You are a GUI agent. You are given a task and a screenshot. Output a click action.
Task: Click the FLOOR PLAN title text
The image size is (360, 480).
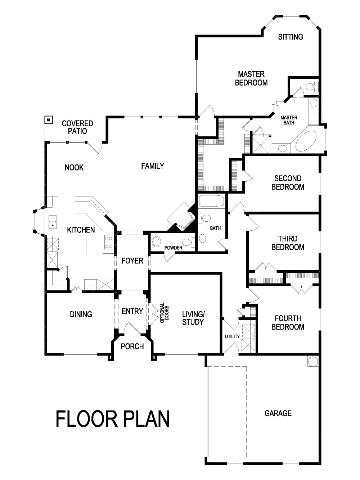coord(113,419)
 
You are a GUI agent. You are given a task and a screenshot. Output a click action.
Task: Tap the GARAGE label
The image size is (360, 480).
coord(278,413)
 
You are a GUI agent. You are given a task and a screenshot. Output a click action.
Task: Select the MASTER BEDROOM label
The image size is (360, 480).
coord(251,78)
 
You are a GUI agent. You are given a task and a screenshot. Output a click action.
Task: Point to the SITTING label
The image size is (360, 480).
coord(291,37)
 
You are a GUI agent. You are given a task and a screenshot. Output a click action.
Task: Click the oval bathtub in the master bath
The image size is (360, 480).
coord(306,141)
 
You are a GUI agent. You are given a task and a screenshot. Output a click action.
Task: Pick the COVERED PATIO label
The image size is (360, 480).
coord(77,127)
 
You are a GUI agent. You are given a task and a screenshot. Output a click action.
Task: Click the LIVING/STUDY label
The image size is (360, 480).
coord(193,318)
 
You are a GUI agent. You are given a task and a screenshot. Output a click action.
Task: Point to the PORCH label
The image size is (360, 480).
coord(132,347)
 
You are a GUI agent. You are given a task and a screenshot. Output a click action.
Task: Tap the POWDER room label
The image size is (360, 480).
coord(173,248)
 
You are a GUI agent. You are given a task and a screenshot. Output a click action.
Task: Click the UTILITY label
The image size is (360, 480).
coord(232,336)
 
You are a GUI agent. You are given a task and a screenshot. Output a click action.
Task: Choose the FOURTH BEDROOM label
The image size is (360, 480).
coord(288,322)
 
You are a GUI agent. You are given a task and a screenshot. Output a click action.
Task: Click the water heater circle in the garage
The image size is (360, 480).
coord(313,361)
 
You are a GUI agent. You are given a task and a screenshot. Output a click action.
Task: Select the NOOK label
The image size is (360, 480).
coord(74,167)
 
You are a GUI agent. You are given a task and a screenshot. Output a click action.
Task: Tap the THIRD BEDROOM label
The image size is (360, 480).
coord(288,243)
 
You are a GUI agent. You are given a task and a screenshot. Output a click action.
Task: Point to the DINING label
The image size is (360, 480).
coord(81,314)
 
